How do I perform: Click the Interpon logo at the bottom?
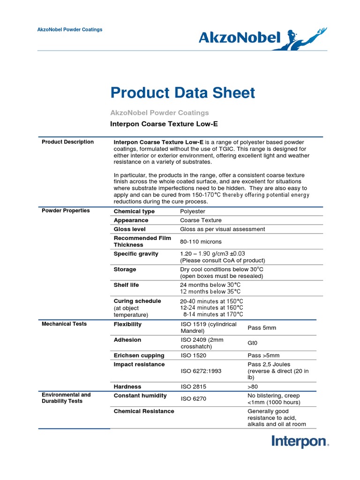[x=300, y=442]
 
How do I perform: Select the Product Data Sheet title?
[x=183, y=93]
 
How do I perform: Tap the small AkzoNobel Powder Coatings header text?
[x=70, y=30]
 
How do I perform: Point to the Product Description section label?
[x=67, y=142]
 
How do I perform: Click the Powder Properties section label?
[x=66, y=210]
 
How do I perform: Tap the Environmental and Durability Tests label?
[x=66, y=398]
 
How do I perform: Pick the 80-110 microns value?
[x=201, y=241]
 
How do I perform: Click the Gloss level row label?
[x=129, y=229]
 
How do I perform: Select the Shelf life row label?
[x=126, y=285]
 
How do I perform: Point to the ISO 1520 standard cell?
[x=193, y=355]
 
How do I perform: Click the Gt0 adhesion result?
[x=253, y=343]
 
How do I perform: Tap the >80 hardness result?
[x=253, y=387]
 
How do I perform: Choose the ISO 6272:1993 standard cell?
[x=201, y=371]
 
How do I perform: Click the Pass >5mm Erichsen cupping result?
[x=263, y=355]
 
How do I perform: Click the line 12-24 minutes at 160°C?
[x=211, y=307]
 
